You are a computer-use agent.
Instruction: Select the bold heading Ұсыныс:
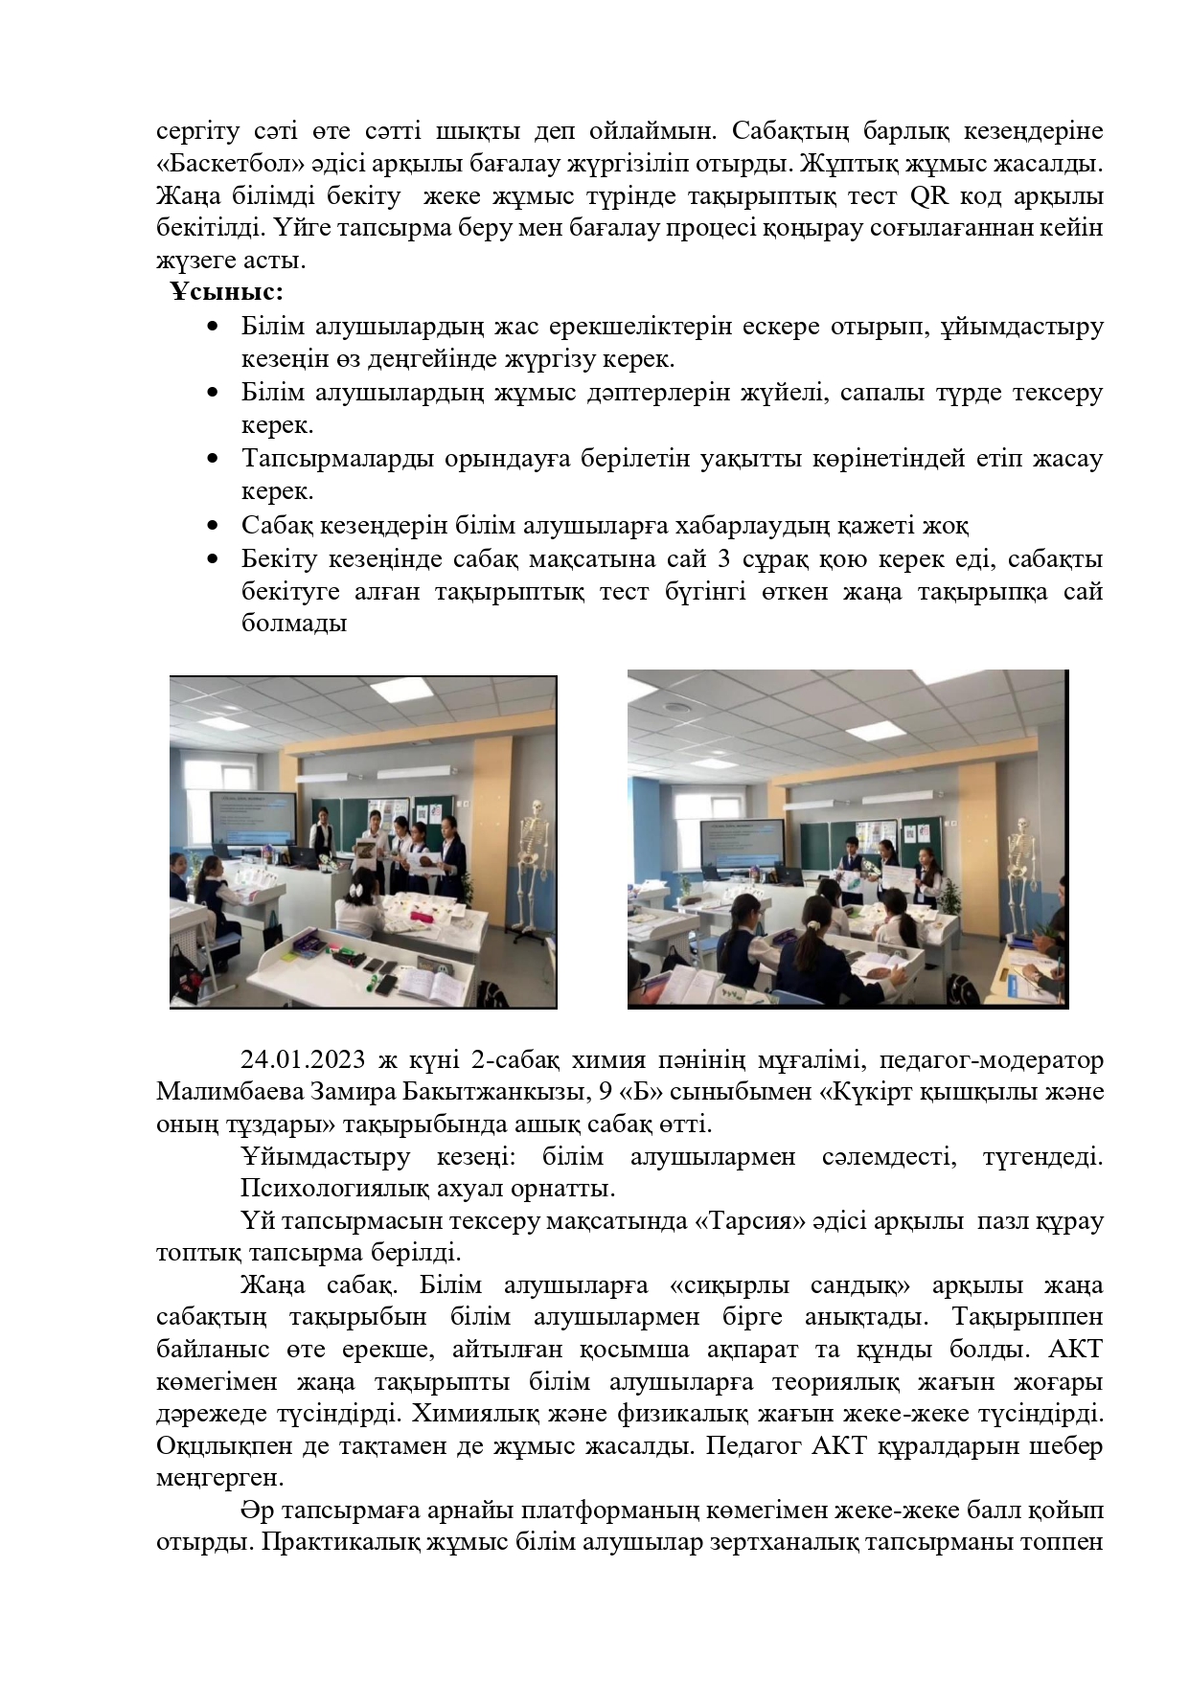(227, 292)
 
